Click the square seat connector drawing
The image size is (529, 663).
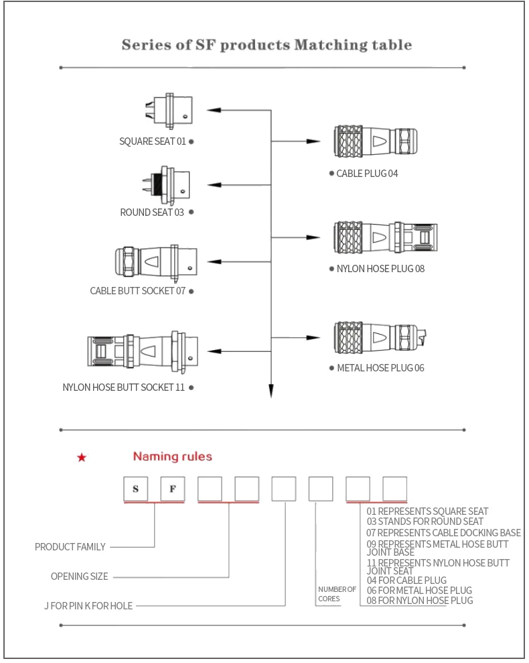(x=170, y=111)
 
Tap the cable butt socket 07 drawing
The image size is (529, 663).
(x=156, y=261)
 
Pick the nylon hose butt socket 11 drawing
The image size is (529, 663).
(x=142, y=351)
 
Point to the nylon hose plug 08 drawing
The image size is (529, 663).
(x=384, y=237)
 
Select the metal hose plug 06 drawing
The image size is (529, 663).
(x=379, y=335)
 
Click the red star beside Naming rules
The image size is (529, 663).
(x=82, y=458)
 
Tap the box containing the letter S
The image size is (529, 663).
(x=136, y=489)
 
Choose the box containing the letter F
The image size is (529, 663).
(x=172, y=489)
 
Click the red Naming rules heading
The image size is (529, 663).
(x=172, y=457)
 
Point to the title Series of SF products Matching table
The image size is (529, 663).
(x=267, y=45)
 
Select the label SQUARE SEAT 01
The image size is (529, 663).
(x=153, y=141)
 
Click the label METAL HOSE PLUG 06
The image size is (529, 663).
(x=380, y=368)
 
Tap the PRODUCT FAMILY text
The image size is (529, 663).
(x=70, y=547)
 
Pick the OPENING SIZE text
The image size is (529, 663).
(x=79, y=577)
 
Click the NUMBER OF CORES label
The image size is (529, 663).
(x=337, y=594)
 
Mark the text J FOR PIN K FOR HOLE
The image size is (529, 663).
(x=88, y=606)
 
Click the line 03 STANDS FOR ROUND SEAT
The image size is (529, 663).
(x=425, y=522)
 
